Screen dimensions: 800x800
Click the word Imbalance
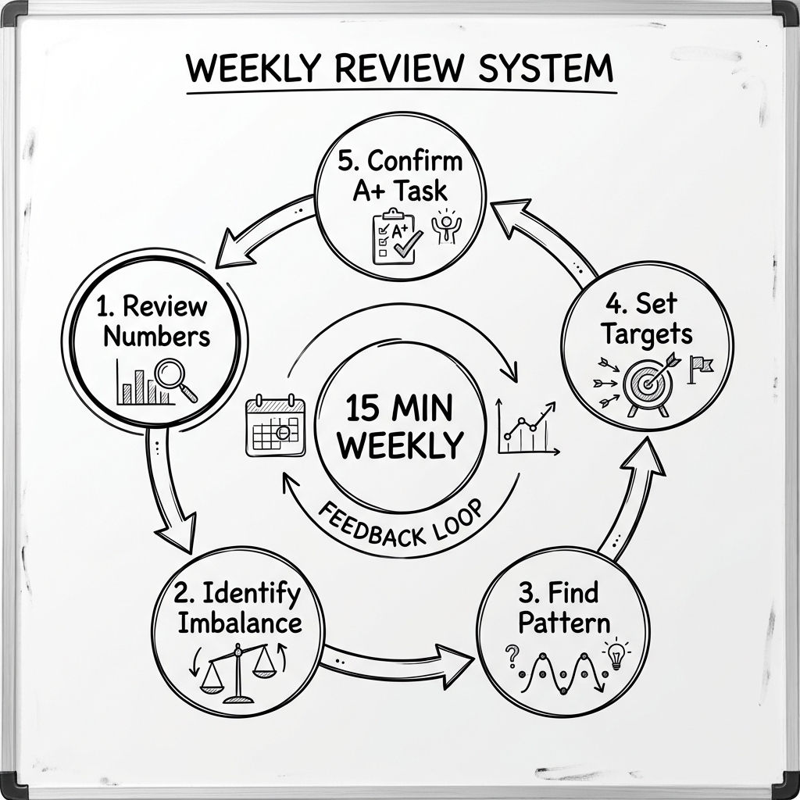(x=239, y=623)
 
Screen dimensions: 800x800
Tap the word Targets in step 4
(x=647, y=334)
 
